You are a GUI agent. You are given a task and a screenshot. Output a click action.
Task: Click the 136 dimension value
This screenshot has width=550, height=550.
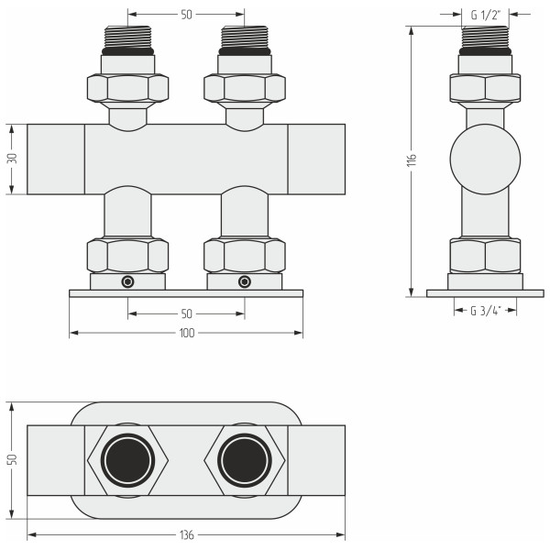(x=187, y=535)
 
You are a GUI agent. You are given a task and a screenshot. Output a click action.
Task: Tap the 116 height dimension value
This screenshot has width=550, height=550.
(x=412, y=159)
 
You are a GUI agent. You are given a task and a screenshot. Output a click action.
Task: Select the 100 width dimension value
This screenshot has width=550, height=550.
(x=187, y=333)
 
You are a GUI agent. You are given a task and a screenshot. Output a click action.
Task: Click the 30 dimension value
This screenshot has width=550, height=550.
(x=12, y=159)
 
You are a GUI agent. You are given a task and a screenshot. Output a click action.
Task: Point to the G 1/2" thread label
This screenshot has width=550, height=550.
(x=485, y=15)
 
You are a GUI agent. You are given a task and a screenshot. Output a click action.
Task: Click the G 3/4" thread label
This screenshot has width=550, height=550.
(x=486, y=311)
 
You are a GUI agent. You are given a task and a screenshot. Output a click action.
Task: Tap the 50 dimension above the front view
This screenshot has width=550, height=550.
(x=187, y=15)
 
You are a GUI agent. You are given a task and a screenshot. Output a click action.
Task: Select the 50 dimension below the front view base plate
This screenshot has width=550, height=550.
(x=187, y=313)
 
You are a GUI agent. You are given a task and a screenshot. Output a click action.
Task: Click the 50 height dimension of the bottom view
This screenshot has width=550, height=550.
(x=12, y=459)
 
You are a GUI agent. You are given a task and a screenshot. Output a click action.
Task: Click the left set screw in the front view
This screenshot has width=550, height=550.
(x=127, y=281)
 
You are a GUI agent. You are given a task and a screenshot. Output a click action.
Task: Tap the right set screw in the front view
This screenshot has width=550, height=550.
(x=245, y=281)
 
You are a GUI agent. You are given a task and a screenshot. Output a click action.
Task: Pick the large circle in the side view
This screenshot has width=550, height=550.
(x=485, y=159)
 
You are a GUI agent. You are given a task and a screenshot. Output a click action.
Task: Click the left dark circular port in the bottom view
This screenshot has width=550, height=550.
(x=127, y=460)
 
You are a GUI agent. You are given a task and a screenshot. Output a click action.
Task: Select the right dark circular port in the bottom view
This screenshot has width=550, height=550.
(x=245, y=460)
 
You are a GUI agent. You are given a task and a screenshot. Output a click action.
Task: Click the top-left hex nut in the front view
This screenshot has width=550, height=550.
(x=127, y=88)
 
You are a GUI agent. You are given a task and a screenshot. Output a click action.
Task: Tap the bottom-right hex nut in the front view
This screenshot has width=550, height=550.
(x=245, y=255)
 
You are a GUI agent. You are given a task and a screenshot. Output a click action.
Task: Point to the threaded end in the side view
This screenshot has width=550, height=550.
(x=485, y=37)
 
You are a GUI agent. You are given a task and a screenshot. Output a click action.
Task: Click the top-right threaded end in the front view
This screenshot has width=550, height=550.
(x=245, y=37)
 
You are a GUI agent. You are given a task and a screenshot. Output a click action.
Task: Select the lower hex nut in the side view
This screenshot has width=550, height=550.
(x=485, y=256)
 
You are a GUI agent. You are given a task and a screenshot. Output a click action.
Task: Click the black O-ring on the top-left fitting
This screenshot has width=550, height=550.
(x=127, y=51)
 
